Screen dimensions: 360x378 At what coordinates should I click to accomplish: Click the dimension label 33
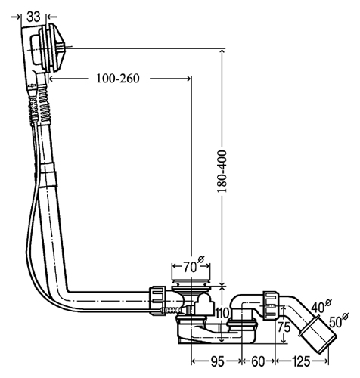click(x=33, y=17)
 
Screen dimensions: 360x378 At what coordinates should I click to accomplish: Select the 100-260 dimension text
click(x=118, y=79)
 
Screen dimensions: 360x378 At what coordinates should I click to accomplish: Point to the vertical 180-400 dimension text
click(x=222, y=172)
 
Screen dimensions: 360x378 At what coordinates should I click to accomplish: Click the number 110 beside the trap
click(x=222, y=313)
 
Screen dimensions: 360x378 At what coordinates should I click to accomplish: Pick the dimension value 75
click(x=284, y=327)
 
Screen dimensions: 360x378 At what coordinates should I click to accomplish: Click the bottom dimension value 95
click(x=217, y=361)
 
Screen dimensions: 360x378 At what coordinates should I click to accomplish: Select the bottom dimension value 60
click(x=258, y=361)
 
